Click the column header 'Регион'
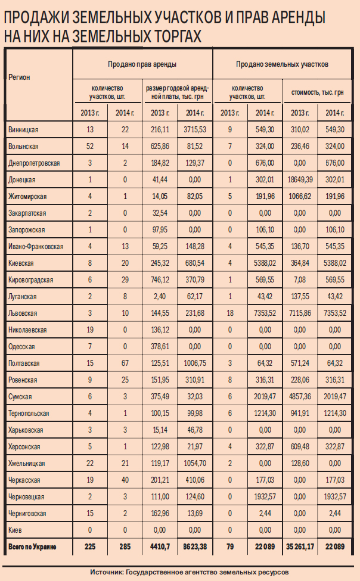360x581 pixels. (19, 77)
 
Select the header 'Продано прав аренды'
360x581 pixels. (142, 63)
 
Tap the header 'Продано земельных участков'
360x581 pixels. (283, 63)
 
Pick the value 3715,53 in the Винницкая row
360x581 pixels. (195, 129)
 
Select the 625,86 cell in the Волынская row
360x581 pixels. (160, 146)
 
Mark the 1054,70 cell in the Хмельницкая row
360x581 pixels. (195, 463)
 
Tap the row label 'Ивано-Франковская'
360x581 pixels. (36, 246)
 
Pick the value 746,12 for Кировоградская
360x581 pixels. (160, 279)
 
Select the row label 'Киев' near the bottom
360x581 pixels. (16, 530)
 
